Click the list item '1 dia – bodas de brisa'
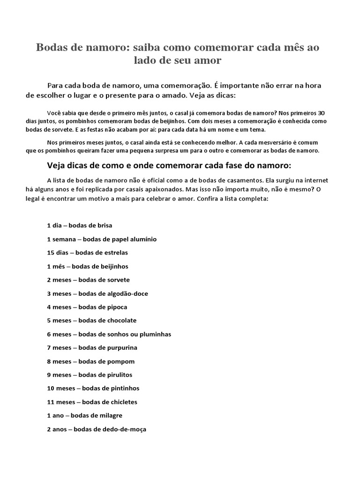[x=79, y=225]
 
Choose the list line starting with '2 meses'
[x=88, y=280]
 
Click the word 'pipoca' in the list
[x=117, y=307]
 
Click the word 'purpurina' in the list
[x=122, y=348]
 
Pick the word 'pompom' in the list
[x=120, y=361]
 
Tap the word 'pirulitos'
[x=119, y=375]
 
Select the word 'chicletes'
[x=122, y=402]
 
